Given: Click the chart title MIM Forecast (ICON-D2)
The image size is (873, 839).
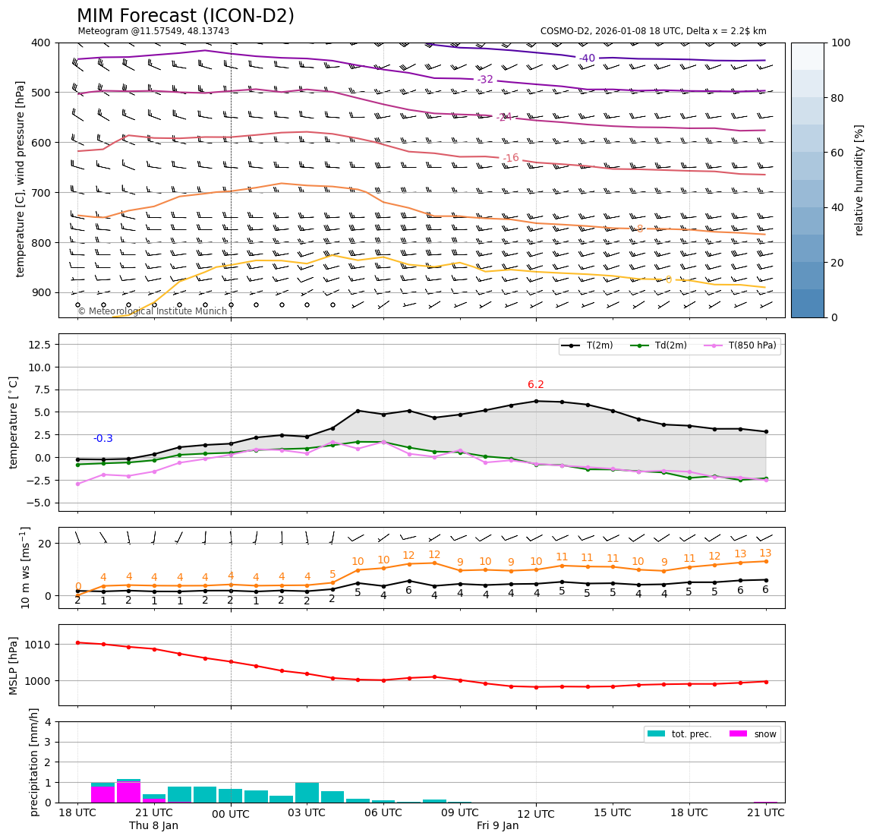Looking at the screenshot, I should [185, 16].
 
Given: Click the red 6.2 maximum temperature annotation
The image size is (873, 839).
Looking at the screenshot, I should [536, 385].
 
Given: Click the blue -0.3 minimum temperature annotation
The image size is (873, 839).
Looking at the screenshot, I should [102, 439].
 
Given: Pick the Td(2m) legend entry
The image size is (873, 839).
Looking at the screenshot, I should [669, 345].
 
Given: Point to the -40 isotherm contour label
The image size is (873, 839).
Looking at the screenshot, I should [587, 58].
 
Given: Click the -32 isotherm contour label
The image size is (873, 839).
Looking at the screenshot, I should [485, 80].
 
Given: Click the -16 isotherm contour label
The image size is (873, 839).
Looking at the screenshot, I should [511, 158].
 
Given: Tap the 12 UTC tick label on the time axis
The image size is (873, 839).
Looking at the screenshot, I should [536, 812].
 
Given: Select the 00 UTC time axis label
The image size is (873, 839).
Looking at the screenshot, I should [230, 814].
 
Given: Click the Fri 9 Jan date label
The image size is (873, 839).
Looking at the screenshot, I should [497, 825].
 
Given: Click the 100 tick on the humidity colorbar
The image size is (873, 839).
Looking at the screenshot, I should [841, 43].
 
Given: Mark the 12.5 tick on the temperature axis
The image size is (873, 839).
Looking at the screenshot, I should [39, 345].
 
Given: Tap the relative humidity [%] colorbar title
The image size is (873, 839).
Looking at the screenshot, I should [859, 180].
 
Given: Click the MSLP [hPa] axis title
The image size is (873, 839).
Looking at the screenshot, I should [14, 665].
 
